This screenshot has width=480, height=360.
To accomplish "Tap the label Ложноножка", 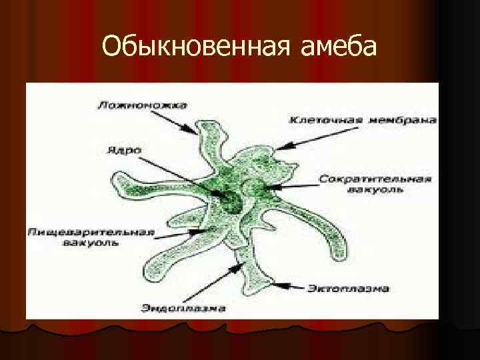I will click(141, 105).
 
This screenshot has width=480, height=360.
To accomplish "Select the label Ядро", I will click(123, 151).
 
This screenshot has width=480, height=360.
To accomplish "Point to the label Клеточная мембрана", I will click(363, 121).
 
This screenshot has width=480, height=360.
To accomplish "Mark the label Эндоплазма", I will click(184, 308).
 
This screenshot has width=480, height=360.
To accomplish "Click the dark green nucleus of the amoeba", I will click(231, 200).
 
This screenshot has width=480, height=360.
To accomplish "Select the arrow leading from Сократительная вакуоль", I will click(293, 186).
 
